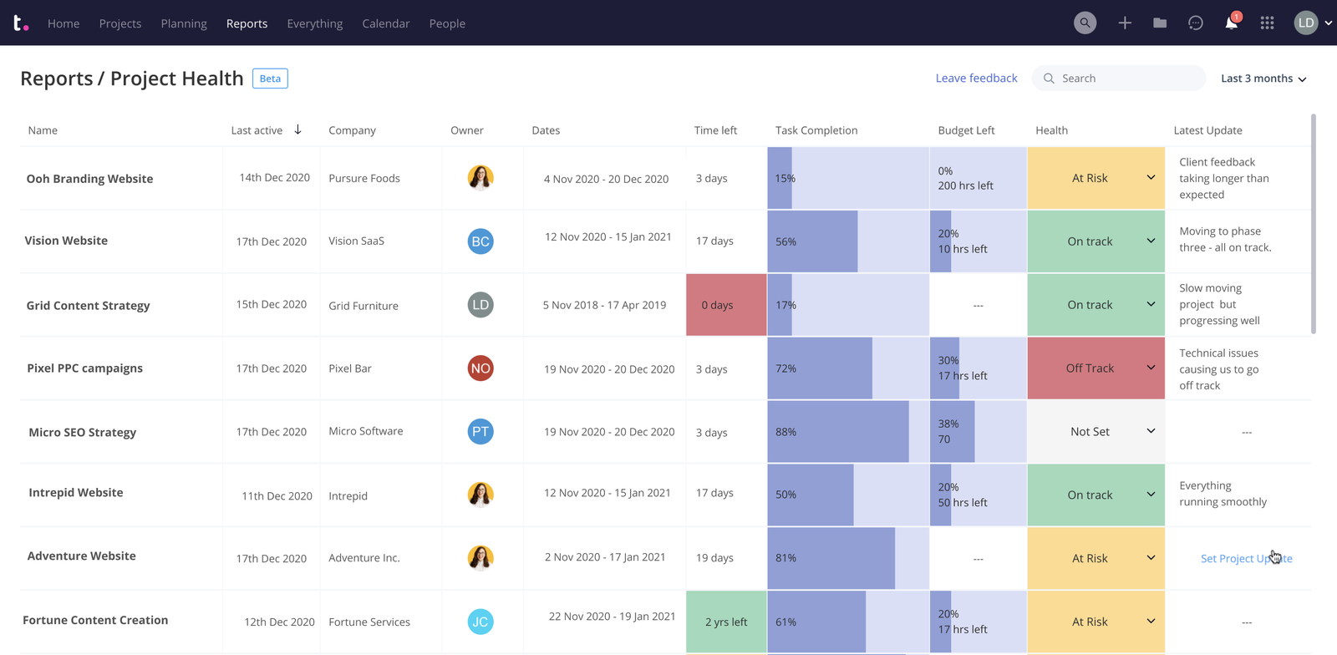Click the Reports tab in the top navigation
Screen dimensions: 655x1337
click(x=247, y=23)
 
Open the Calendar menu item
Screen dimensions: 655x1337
click(x=385, y=23)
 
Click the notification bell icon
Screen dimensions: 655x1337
click(x=1231, y=23)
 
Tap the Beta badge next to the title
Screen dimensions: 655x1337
click(x=270, y=79)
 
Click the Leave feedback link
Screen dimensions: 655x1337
click(x=976, y=78)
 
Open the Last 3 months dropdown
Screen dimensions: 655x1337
click(x=1263, y=79)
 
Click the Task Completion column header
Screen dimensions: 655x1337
click(x=816, y=130)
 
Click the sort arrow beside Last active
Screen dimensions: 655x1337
click(x=297, y=129)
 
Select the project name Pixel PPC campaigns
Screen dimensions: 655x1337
click(x=84, y=368)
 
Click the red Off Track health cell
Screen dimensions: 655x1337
click(x=1090, y=368)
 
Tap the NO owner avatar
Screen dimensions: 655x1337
click(x=480, y=368)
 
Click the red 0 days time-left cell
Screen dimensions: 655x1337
click(x=725, y=305)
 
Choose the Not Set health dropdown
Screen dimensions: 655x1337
click(x=1096, y=432)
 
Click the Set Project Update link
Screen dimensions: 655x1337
click(x=1245, y=558)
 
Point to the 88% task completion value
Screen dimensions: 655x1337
click(x=785, y=432)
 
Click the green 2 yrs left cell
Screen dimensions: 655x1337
click(x=725, y=622)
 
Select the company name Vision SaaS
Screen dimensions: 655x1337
click(x=356, y=241)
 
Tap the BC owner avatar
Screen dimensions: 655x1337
click(x=480, y=241)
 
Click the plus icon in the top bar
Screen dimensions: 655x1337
click(x=1125, y=23)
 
